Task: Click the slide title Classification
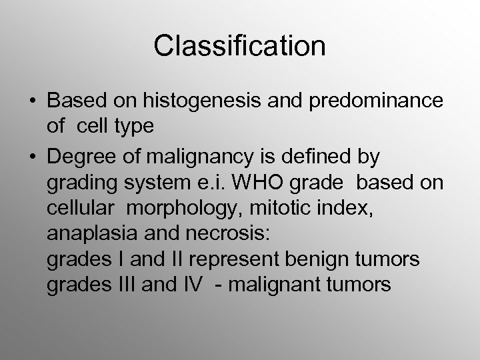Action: pos(239,46)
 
